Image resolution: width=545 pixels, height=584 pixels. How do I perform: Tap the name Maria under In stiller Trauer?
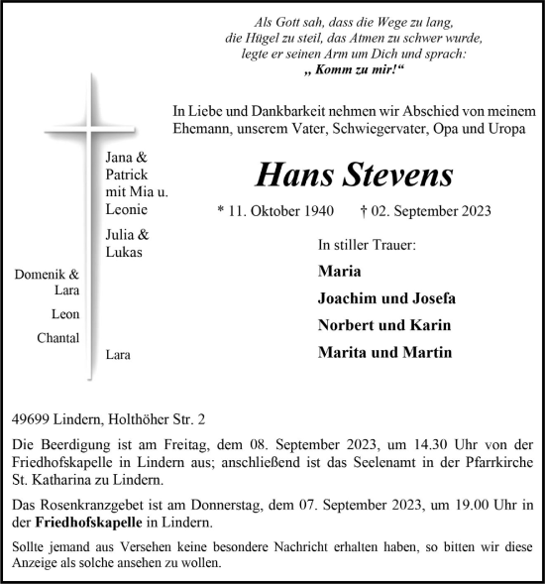[x=339, y=271]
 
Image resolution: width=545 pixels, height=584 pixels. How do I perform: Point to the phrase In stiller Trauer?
[x=367, y=243]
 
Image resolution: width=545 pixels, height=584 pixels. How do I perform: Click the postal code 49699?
[x=31, y=419]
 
